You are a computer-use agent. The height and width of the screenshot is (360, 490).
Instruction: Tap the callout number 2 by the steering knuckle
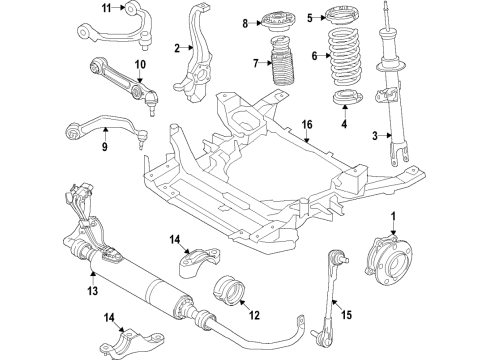(x=176, y=47)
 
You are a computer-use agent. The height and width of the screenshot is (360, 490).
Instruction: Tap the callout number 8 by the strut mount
(x=244, y=21)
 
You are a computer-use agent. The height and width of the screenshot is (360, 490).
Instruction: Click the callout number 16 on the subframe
(x=307, y=125)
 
